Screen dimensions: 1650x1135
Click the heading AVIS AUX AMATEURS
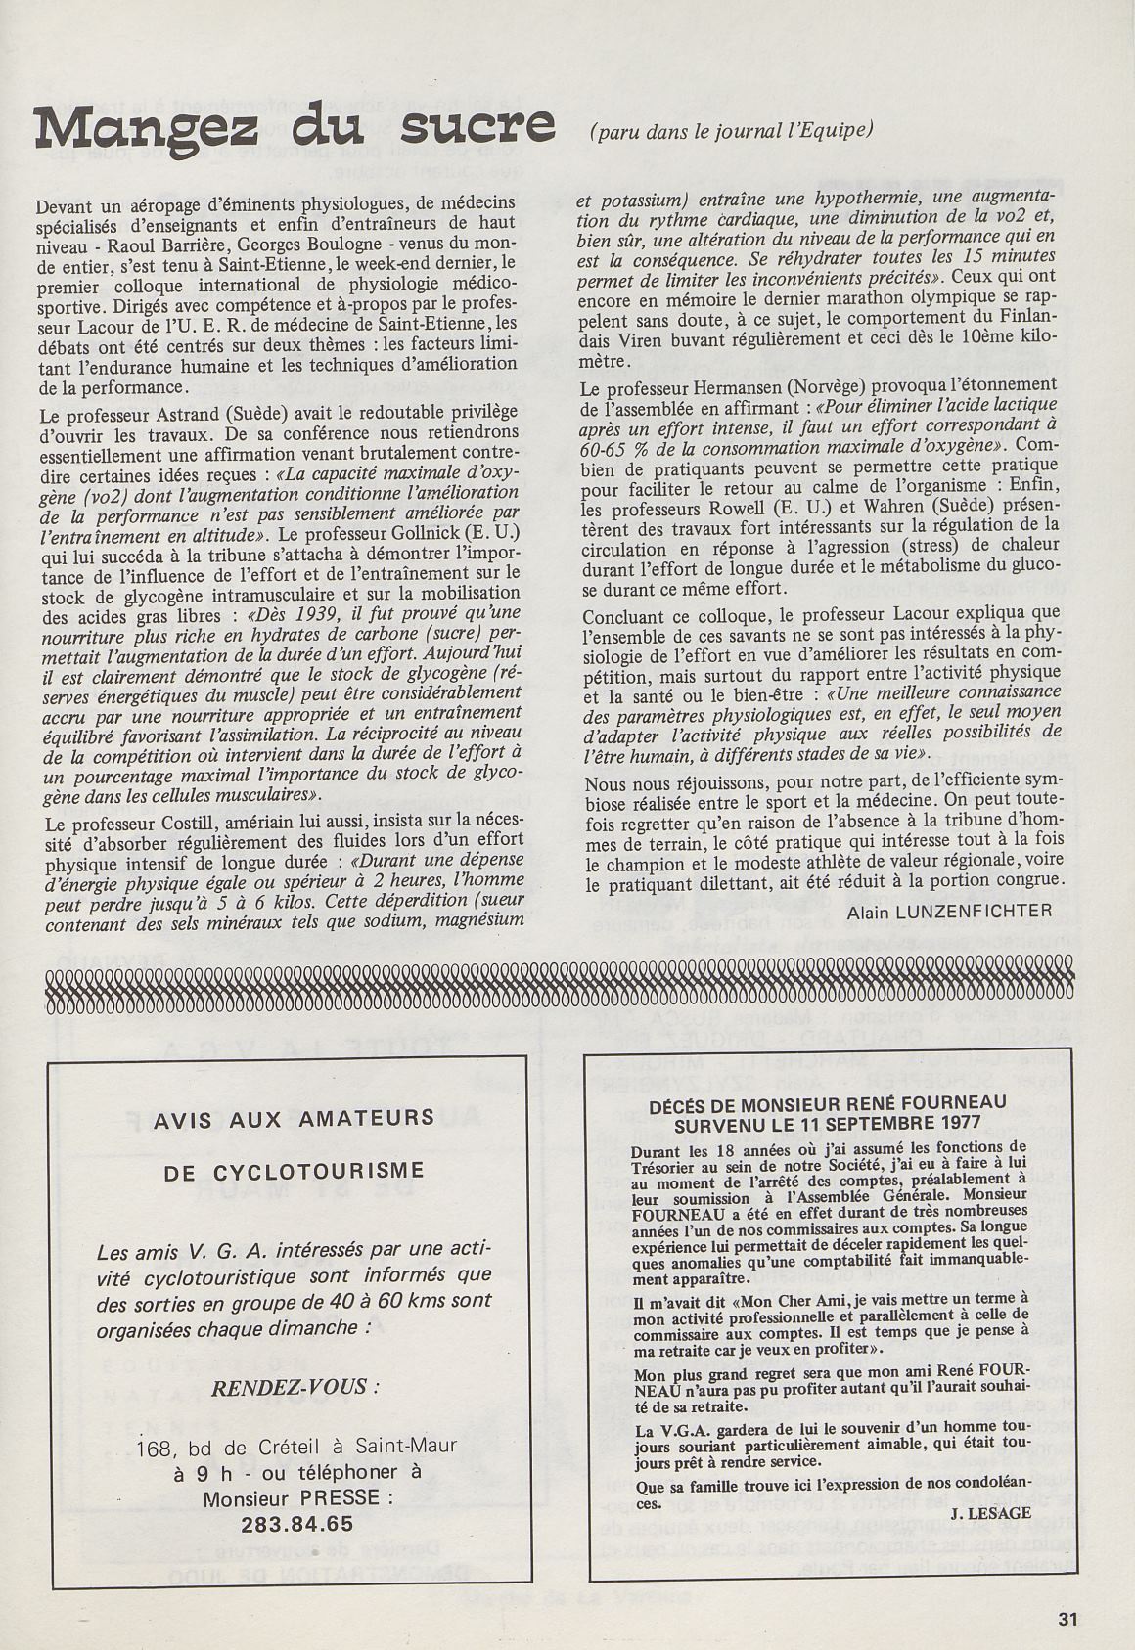point(294,1118)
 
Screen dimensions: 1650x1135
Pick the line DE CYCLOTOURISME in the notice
point(294,1171)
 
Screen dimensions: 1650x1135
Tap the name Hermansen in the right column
point(733,385)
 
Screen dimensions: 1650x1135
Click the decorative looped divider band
point(564,992)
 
